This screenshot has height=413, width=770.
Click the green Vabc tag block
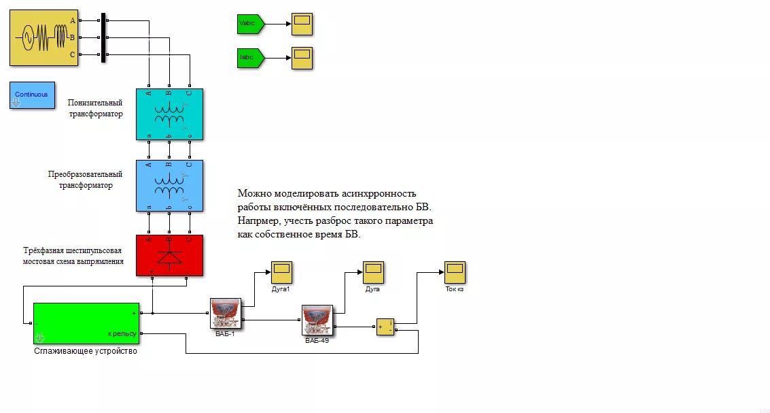(x=249, y=24)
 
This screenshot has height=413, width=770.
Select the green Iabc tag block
(x=249, y=57)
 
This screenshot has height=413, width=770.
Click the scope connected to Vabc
(x=302, y=24)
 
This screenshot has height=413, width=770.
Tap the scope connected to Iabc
(x=302, y=57)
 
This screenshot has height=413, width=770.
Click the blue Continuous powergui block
(x=32, y=95)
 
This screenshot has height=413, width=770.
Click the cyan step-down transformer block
(x=169, y=114)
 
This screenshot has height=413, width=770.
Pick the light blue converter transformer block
(x=169, y=185)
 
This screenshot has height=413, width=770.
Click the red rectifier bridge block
(x=169, y=255)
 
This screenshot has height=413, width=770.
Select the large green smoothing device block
(x=86, y=324)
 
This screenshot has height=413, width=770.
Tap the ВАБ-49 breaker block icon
(x=317, y=320)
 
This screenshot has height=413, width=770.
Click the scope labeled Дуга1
(x=281, y=272)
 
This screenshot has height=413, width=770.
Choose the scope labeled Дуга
(x=372, y=272)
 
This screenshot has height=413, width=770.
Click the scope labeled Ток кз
(x=455, y=272)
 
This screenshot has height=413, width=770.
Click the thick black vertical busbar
(x=103, y=38)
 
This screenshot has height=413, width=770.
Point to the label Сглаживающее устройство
(x=86, y=351)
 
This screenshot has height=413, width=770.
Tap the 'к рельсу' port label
(x=122, y=333)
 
